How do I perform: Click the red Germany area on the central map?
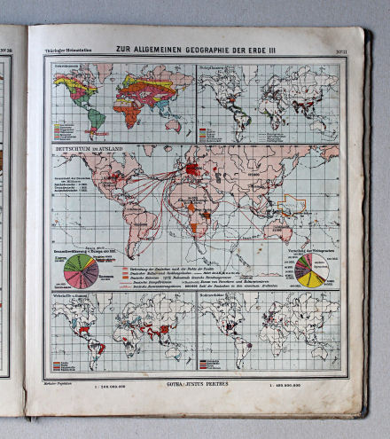192,169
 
